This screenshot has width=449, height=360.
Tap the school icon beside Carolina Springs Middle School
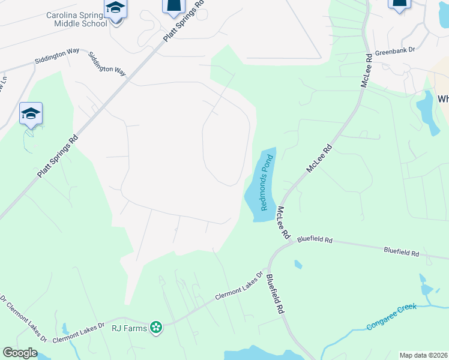[x=115, y=9]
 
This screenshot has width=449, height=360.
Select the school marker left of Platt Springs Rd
[x=31, y=114]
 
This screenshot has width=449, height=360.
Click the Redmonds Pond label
[x=267, y=182]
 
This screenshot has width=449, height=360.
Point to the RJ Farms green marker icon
[x=156, y=328]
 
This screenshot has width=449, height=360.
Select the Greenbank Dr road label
[x=396, y=52]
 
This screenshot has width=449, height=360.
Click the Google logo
[x=20, y=353]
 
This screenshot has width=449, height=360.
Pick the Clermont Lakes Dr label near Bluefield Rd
[x=240, y=285]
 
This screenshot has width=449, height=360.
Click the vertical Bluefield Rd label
[x=274, y=294]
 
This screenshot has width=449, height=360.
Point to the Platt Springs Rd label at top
[x=184, y=20]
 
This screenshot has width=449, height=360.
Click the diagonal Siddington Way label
[x=107, y=64]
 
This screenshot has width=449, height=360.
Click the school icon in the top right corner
[x=399, y=5]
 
